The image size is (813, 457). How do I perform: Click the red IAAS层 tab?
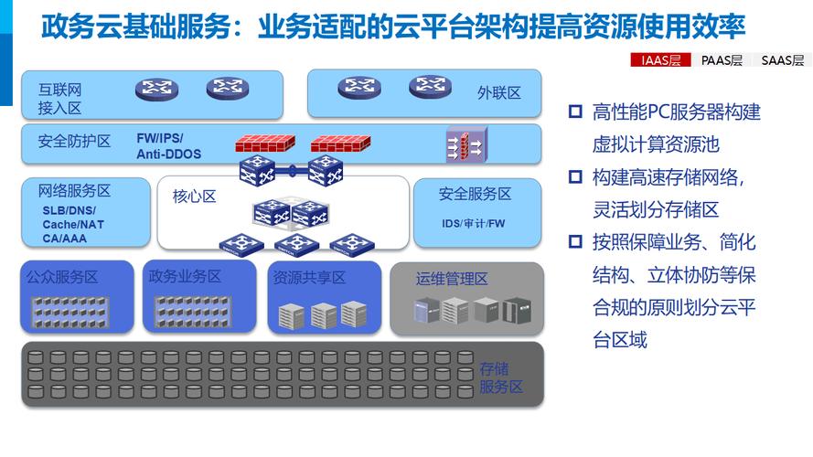tap(660, 60)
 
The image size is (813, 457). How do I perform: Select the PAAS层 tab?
tap(722, 60)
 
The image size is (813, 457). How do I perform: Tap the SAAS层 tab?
tap(783, 60)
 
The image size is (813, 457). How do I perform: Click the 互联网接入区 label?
tap(59, 99)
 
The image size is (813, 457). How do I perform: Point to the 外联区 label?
tap(498, 92)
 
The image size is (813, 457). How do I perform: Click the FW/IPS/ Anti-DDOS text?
tap(168, 146)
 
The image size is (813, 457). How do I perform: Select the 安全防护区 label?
tap(74, 141)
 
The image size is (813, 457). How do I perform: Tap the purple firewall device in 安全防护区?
tap(466, 144)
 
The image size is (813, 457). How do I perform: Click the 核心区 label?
tap(194, 197)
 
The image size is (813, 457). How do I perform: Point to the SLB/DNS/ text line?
tap(69, 211)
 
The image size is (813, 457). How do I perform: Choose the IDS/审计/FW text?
tap(474, 223)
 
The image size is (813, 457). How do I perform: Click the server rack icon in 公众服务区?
tap(70, 312)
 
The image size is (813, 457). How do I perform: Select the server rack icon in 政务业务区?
tap(193, 312)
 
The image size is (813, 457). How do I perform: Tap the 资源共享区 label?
tap(309, 278)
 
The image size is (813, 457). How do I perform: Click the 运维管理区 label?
tap(452, 279)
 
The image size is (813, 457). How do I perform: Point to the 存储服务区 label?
tap(501, 377)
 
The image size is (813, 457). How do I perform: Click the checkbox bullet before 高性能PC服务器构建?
tap(575, 112)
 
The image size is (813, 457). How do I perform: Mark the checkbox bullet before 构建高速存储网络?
tap(575, 176)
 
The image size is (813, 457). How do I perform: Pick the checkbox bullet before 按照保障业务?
tap(575, 241)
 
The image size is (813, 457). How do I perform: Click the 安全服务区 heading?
tap(475, 194)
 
